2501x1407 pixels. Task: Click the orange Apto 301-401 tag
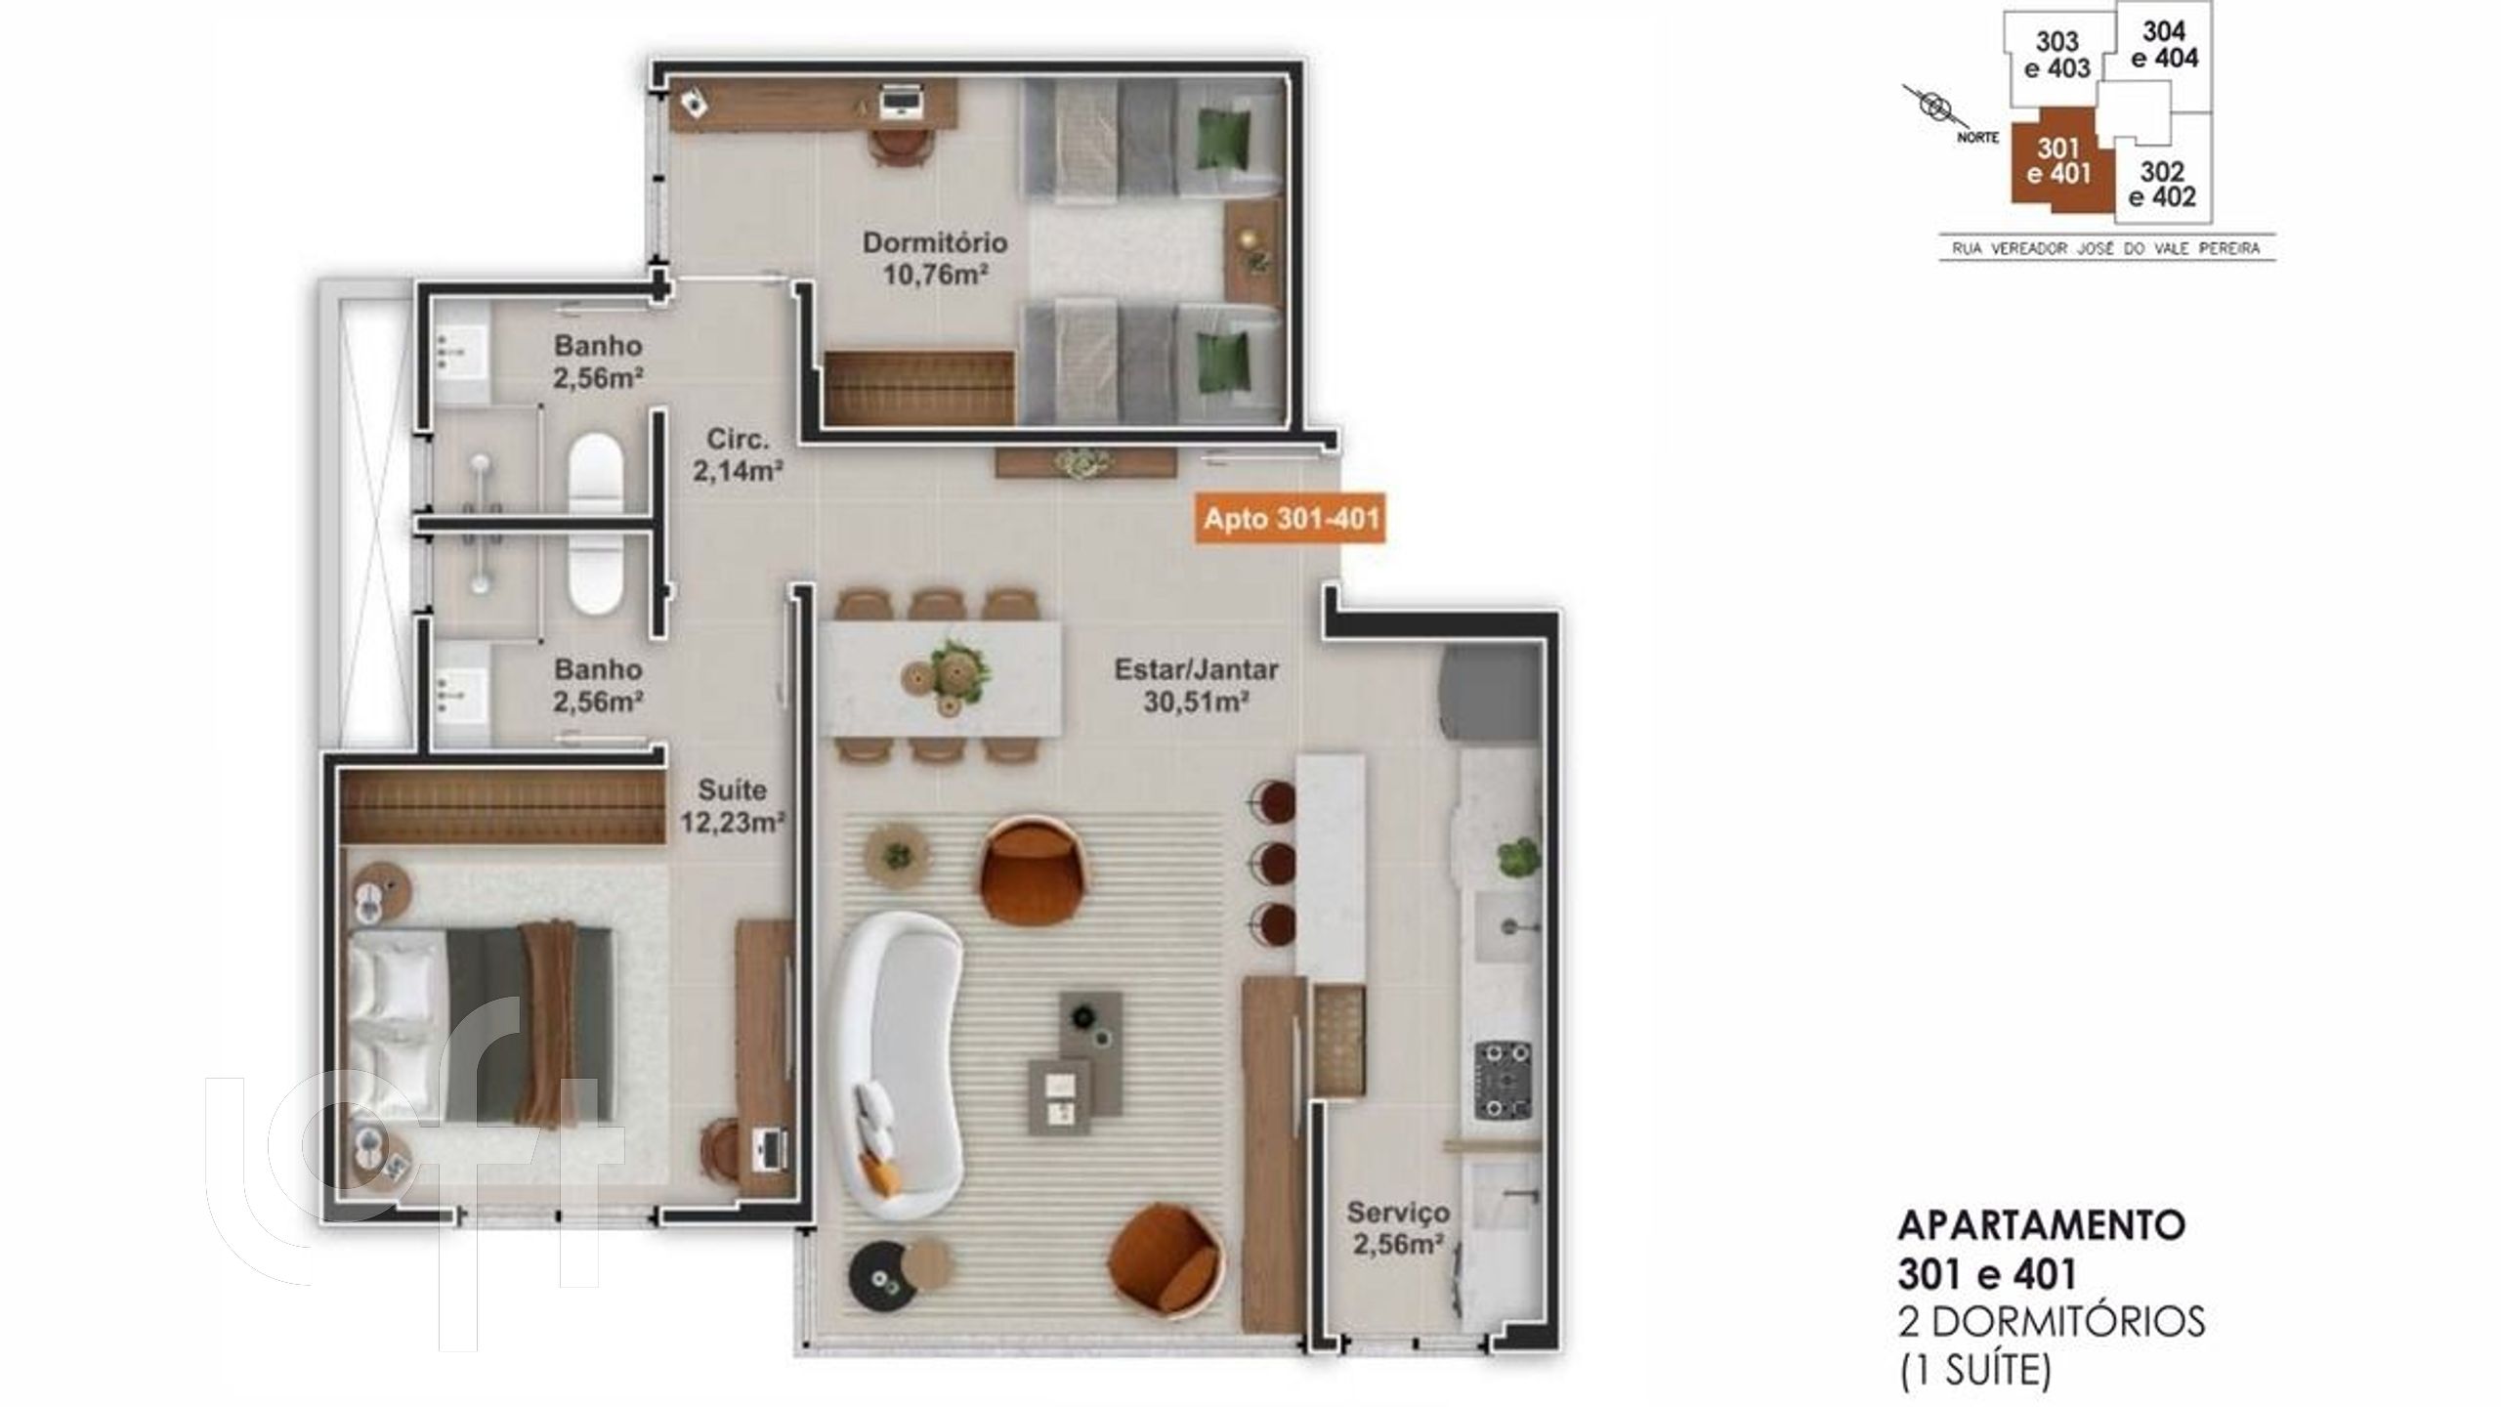pyautogui.click(x=1291, y=518)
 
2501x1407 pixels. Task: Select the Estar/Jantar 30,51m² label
pyautogui.click(x=1197, y=684)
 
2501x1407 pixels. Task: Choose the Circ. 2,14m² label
pyautogui.click(x=739, y=454)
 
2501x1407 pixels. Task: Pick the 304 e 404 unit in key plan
pyautogui.click(x=2163, y=45)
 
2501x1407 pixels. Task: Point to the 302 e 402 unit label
pyautogui.click(x=2161, y=186)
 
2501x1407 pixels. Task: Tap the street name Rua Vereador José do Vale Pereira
pyautogui.click(x=2105, y=249)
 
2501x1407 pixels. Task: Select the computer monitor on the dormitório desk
pyautogui.click(x=899, y=102)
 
